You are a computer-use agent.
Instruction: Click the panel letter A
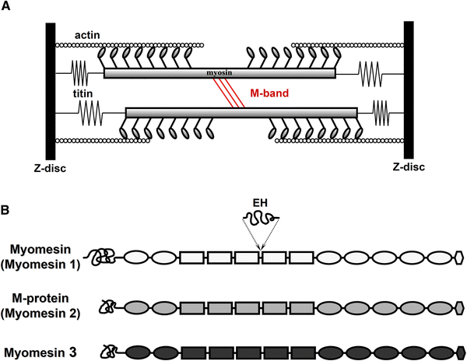pyautogui.click(x=6, y=7)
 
